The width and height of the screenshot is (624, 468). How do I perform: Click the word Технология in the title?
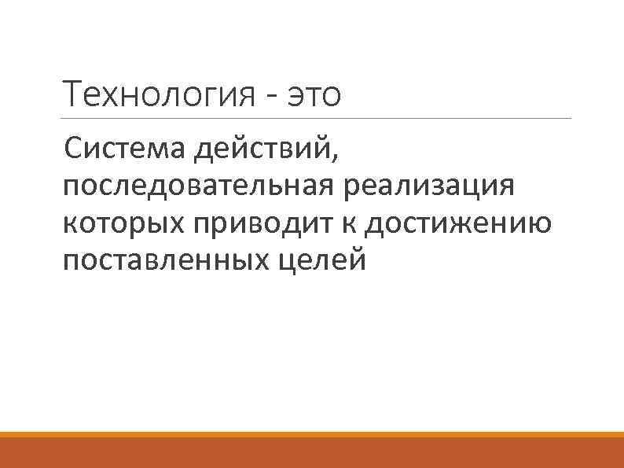tap(155, 96)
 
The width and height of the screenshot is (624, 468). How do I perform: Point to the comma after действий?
tap(337, 155)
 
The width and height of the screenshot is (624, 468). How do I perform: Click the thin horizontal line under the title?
tap(314, 119)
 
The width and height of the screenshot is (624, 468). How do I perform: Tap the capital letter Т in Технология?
tap(73, 95)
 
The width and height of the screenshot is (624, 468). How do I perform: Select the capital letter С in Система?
tap(74, 146)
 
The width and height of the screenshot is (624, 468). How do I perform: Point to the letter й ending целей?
tap(358, 260)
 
